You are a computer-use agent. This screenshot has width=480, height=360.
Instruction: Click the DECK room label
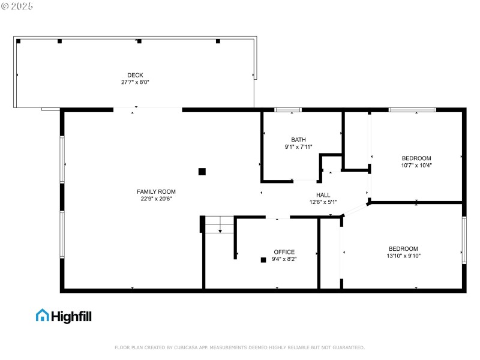point(135,75)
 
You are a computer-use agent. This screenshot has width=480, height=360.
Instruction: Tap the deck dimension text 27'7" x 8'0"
point(135,82)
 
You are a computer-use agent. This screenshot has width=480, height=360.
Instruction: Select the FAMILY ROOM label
point(156,191)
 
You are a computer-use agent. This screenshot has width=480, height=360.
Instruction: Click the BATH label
point(298,139)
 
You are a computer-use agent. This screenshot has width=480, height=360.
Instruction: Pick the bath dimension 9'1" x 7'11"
point(298,146)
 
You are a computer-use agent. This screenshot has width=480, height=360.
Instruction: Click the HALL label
point(323,195)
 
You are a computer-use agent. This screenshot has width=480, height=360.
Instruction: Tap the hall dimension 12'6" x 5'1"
point(323,202)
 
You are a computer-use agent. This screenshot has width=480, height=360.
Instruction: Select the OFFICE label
point(284,252)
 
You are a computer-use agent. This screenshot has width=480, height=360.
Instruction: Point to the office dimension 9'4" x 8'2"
point(284,259)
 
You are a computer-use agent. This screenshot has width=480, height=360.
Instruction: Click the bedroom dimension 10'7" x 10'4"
point(416,165)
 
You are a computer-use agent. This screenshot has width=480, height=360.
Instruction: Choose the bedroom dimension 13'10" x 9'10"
point(403,256)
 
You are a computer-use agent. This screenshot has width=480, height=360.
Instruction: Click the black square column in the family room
point(202,171)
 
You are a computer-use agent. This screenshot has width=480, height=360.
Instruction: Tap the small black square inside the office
point(263,260)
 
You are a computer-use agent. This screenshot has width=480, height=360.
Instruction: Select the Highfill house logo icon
point(42,315)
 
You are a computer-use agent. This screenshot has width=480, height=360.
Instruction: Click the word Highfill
point(71,316)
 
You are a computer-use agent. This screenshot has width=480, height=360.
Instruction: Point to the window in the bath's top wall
point(288,110)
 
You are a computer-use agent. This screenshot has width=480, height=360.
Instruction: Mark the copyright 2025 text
point(17,6)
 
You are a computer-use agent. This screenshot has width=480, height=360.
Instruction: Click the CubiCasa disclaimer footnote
point(239,347)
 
